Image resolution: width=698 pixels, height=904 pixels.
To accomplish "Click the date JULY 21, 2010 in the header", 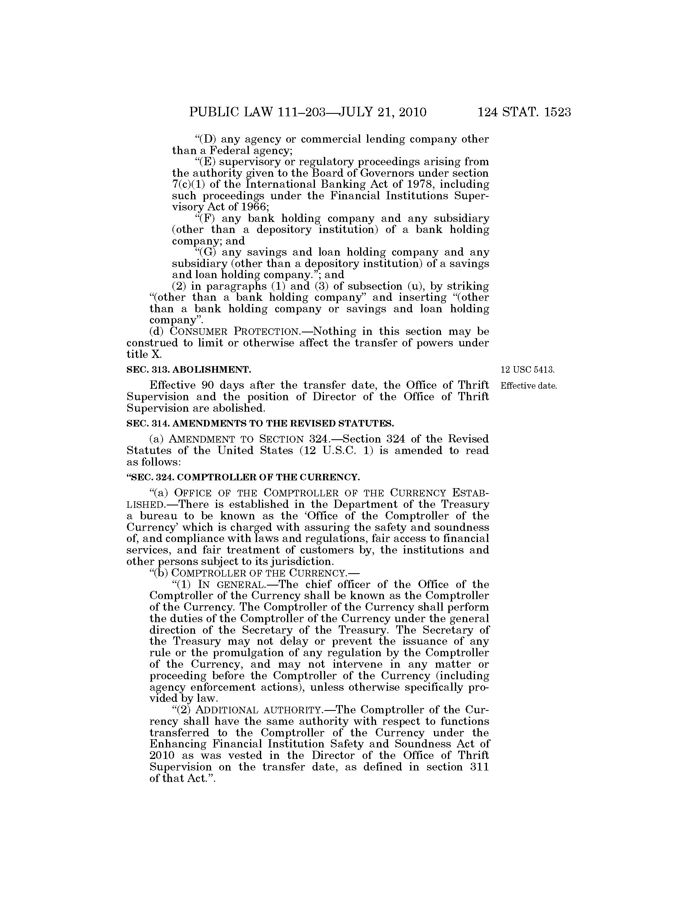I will point(382,112).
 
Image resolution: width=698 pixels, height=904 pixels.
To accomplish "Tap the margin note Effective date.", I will point(529,386).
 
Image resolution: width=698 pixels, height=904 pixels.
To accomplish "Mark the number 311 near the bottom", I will point(479,767).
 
